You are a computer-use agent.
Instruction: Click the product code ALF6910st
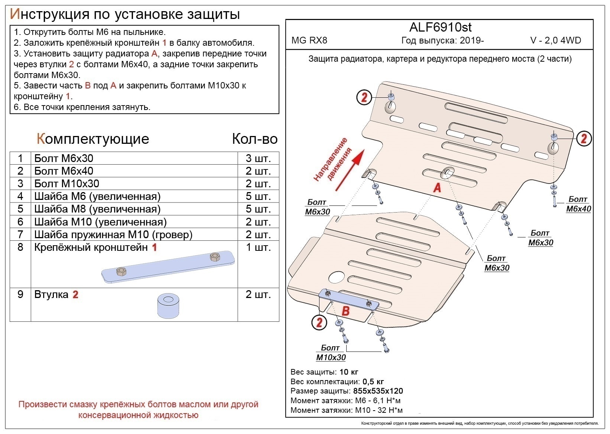440,27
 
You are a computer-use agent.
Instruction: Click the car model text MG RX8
309,41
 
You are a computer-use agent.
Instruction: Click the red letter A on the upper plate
437,188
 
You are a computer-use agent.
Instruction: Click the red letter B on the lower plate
345,310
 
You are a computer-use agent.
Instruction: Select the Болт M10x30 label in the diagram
331,353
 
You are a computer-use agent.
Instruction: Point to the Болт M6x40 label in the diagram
578,204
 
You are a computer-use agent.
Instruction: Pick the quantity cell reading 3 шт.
258,158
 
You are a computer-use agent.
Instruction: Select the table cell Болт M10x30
67,184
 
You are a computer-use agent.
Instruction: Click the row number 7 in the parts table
20,234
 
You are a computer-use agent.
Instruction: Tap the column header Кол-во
254,139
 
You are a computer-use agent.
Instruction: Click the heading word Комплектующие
93,139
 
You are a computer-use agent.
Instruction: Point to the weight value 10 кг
348,372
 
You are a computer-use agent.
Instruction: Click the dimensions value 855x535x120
378,391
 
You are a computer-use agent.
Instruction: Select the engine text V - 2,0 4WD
555,41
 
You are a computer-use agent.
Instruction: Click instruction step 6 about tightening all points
82,107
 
